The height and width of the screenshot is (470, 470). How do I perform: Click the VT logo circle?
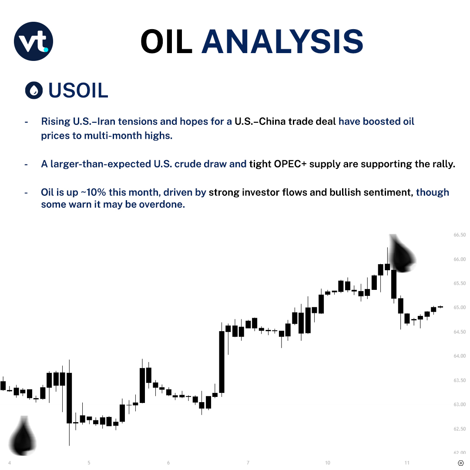click(34, 41)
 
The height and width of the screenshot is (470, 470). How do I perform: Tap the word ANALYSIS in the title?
click(282, 42)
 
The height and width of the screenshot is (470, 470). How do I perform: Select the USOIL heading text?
click(78, 90)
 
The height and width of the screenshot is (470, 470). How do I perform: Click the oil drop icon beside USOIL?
click(34, 90)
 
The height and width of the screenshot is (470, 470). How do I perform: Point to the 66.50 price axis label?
click(459, 235)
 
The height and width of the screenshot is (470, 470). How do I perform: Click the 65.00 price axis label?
click(459, 308)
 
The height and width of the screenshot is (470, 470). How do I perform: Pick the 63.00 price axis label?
click(459, 405)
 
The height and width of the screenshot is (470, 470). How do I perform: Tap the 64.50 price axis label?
click(459, 332)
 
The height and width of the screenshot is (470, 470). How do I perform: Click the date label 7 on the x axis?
click(248, 463)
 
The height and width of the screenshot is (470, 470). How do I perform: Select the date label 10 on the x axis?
click(327, 463)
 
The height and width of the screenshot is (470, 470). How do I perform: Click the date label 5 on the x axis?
click(89, 463)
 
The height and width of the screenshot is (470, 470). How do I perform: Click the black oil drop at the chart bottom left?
click(23, 435)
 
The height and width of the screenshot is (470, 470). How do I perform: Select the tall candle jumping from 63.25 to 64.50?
click(222, 362)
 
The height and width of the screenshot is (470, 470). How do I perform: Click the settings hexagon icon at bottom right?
click(461, 463)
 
